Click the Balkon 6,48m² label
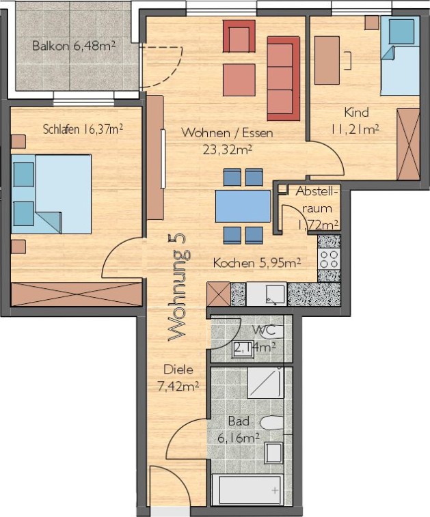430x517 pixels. pyautogui.click(x=74, y=46)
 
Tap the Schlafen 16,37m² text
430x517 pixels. pyautogui.click(x=83, y=129)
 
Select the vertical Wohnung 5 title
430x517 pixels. pyautogui.click(x=180, y=288)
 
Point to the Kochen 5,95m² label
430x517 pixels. pyautogui.click(x=257, y=263)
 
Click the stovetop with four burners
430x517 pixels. pyautogui.click(x=329, y=259)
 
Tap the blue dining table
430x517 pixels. pyautogui.click(x=243, y=206)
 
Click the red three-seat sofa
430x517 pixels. pyautogui.click(x=283, y=79)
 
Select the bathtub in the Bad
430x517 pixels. pyautogui.click(x=247, y=490)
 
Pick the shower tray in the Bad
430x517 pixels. pyautogui.click(x=266, y=382)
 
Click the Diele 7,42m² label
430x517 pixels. pyautogui.click(x=178, y=378)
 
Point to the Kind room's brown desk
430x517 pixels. pyautogui.click(x=327, y=60)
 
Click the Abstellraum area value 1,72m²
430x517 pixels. pyautogui.click(x=318, y=225)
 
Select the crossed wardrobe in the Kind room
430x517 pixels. pyautogui.click(x=408, y=143)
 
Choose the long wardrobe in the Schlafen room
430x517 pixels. pyautogui.click(x=77, y=294)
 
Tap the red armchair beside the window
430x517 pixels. pyautogui.click(x=239, y=36)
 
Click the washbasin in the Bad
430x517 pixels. pyautogui.click(x=274, y=453)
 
